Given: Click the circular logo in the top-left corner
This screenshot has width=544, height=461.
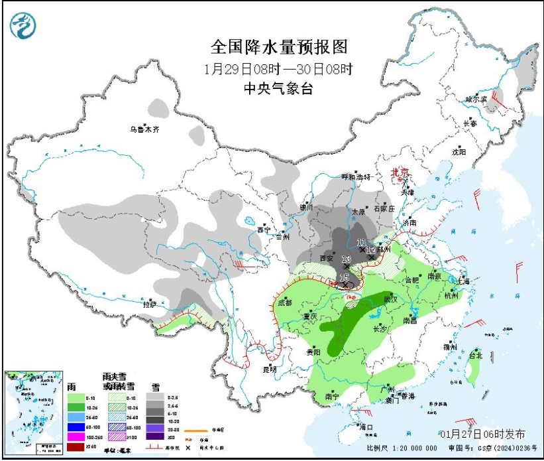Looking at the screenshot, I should click(23, 25).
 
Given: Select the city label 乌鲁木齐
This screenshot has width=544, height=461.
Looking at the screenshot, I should click(144, 129).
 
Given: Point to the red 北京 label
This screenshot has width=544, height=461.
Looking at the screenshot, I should click(400, 171).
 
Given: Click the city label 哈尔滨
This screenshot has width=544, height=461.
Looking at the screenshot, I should click(476, 99).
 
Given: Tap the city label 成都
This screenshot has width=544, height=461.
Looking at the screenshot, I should click(285, 302).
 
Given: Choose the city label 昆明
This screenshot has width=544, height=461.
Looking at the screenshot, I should click(270, 369).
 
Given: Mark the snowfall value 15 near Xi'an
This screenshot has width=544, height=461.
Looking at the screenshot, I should click(344, 277).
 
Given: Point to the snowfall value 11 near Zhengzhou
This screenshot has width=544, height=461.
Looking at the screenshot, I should click(361, 242).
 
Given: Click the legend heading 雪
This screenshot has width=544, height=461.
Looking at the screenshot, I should click(156, 386).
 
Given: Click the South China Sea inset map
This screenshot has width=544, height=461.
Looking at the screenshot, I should click(33, 411).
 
